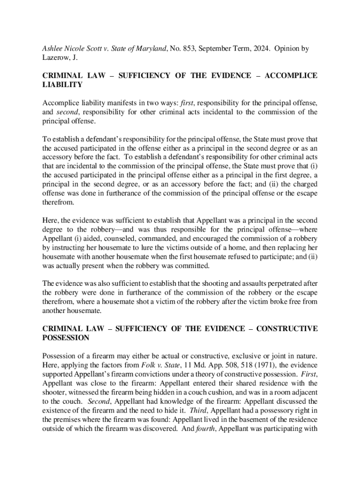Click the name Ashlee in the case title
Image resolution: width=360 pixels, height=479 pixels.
[x=54, y=49]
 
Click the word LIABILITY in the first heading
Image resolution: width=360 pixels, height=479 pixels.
[x=63, y=85]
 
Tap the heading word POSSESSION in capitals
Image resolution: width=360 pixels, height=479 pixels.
[x=65, y=338]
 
